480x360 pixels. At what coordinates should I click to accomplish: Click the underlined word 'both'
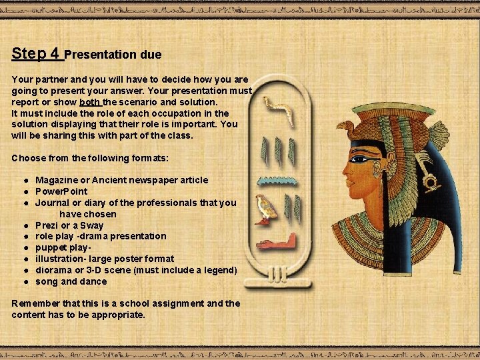(89, 102)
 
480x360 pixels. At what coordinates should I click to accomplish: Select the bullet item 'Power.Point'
(61, 191)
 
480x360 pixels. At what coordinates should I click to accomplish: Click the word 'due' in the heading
(151, 54)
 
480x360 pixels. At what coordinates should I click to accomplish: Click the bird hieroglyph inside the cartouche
(266, 208)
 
